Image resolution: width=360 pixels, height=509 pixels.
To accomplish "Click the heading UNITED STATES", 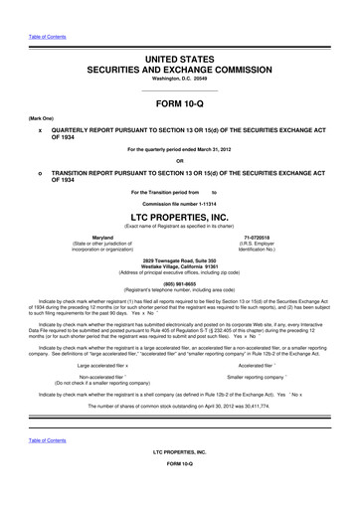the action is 180,33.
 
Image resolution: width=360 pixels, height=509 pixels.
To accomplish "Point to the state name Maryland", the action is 101,237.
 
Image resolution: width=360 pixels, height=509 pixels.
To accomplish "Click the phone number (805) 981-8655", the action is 180,280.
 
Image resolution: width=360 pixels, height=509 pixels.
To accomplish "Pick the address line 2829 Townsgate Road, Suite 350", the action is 180,257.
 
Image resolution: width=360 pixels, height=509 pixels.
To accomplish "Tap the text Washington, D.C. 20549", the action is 180,53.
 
